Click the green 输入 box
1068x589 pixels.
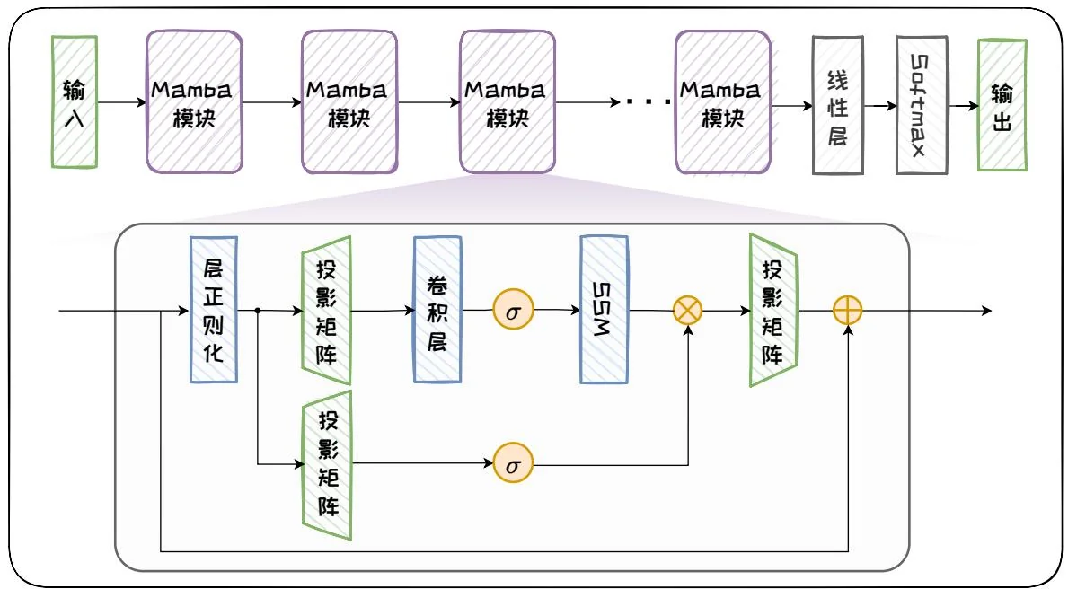point(75,101)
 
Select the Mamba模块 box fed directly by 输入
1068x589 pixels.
point(194,101)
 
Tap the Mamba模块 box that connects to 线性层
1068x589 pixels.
point(722,101)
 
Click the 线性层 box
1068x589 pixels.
point(836,104)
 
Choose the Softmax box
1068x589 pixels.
point(921,104)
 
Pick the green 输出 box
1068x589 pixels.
point(1002,104)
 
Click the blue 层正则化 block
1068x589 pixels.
point(214,310)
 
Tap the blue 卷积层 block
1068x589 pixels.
point(437,310)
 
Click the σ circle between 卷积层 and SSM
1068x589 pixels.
point(513,311)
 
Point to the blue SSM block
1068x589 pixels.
point(604,310)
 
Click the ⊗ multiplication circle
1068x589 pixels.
point(688,311)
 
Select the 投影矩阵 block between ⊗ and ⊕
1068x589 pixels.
point(772,310)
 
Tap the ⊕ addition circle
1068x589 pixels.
point(848,311)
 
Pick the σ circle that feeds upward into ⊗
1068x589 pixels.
point(513,465)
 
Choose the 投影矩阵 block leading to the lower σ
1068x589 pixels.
point(327,465)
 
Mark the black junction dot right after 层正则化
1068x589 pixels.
point(258,311)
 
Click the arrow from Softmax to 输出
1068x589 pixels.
point(962,105)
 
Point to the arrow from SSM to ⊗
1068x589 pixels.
point(650,311)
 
